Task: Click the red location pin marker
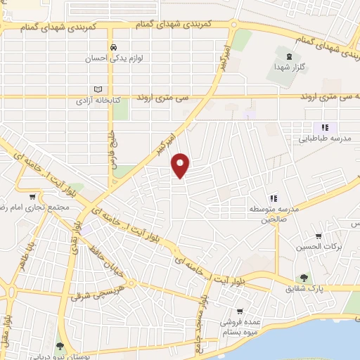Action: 181,165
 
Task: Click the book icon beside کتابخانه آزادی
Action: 98,89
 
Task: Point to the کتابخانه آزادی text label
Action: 98,101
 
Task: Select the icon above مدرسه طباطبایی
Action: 324,127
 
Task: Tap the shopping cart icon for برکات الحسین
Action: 318,237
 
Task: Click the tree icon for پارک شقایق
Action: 303,278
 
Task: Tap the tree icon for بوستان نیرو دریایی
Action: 60,345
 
